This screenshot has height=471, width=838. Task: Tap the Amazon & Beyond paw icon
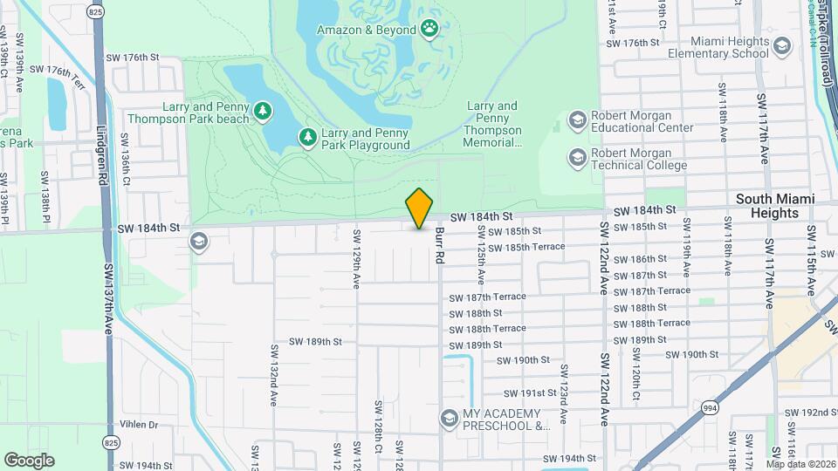coord(429,30)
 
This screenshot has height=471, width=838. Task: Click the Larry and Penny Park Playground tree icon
coord(307,137)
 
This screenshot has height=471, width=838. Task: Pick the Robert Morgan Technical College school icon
coord(577,157)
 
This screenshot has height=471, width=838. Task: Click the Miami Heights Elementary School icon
coord(781,45)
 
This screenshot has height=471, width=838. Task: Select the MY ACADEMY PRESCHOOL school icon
coord(449,419)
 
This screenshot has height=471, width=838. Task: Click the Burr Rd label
coord(440,245)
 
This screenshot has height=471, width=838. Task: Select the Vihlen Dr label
coord(140,425)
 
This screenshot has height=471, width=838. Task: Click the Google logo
coord(29,461)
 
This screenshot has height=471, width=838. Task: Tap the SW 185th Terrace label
coord(526,248)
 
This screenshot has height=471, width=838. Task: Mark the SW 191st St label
coord(526,393)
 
